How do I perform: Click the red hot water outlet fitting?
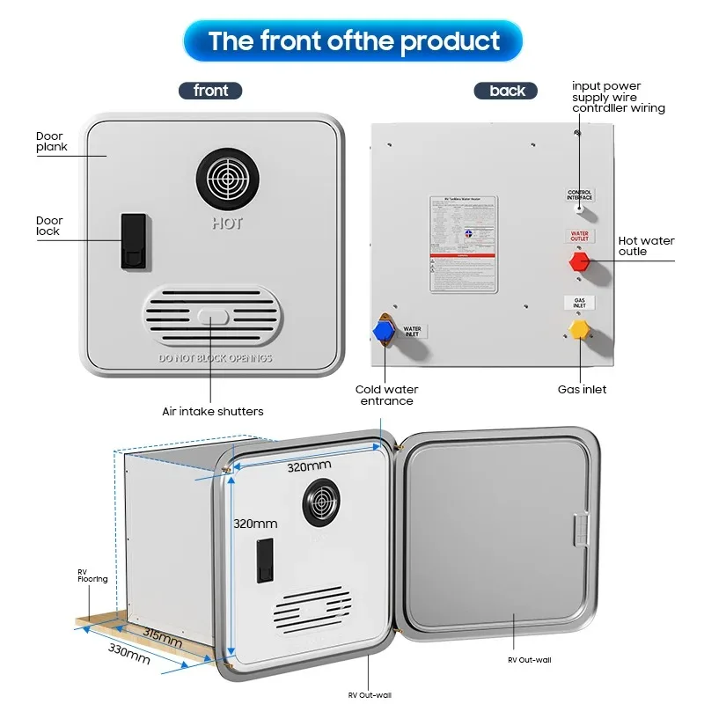click(x=578, y=261)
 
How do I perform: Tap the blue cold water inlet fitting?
click(x=383, y=330)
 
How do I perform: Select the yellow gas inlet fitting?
click(x=578, y=329)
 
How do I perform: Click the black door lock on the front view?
click(x=131, y=239)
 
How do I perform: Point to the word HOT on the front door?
click(x=227, y=224)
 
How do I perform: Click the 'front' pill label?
click(x=210, y=91)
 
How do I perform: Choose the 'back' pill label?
click(x=507, y=91)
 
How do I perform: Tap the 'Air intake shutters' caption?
click(x=212, y=411)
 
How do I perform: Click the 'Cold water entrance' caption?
click(x=386, y=395)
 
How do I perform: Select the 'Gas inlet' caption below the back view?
click(x=582, y=389)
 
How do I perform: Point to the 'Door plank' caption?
click(x=51, y=142)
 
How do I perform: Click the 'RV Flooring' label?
click(x=92, y=576)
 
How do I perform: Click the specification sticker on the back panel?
click(x=463, y=244)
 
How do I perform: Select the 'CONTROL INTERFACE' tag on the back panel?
click(x=579, y=194)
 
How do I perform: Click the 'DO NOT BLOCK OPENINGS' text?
click(x=216, y=359)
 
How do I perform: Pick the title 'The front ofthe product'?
click(x=353, y=40)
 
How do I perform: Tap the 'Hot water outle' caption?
click(x=645, y=246)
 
